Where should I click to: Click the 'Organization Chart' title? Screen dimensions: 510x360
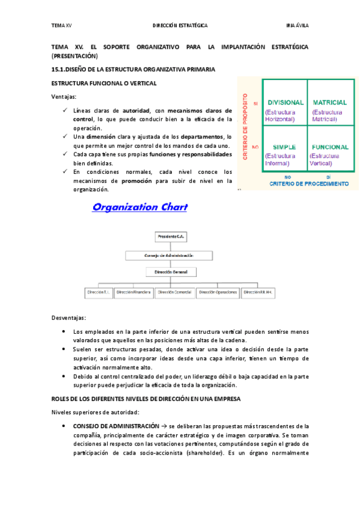point(139,207)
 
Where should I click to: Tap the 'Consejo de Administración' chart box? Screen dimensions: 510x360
point(169,255)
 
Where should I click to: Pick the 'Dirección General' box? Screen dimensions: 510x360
point(171,272)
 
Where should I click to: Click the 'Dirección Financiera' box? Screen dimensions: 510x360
point(133,292)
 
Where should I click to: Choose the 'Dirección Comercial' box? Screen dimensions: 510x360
point(174,292)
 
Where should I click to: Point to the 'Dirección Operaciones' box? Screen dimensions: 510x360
point(215,292)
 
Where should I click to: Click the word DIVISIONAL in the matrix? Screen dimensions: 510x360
point(285,103)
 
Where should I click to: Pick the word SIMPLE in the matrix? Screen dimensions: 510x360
point(284,147)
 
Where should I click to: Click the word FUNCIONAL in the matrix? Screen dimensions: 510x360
point(330,147)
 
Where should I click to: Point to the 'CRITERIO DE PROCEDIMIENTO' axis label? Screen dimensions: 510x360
point(307,183)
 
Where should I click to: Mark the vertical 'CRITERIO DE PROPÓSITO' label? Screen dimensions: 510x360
point(246,126)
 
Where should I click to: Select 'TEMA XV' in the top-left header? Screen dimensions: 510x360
point(62,26)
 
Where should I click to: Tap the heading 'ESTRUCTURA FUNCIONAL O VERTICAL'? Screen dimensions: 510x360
point(105,82)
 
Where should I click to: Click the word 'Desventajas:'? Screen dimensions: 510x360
point(69,318)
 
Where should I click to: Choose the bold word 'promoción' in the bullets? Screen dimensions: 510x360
point(136,180)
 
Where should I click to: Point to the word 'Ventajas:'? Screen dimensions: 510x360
point(64,96)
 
